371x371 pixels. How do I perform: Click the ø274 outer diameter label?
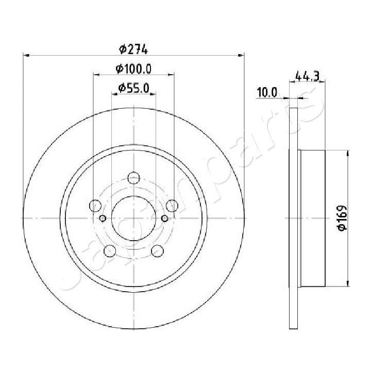point(133,49)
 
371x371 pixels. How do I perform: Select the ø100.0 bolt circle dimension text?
point(133,69)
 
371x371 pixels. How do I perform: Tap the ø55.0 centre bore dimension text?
point(133,88)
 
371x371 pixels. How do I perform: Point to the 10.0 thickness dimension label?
point(267,93)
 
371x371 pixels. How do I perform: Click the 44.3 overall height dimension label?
point(307,77)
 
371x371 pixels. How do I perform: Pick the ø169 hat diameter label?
point(341,218)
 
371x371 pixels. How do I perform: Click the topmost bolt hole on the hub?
point(133,178)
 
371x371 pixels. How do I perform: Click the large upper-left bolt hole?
point(95,206)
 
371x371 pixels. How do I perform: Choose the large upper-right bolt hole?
point(172,206)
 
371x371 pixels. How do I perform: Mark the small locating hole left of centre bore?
point(103,218)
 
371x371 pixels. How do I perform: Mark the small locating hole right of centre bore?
point(164,218)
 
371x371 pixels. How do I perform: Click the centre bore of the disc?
point(133,218)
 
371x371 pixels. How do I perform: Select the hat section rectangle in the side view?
point(312,218)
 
